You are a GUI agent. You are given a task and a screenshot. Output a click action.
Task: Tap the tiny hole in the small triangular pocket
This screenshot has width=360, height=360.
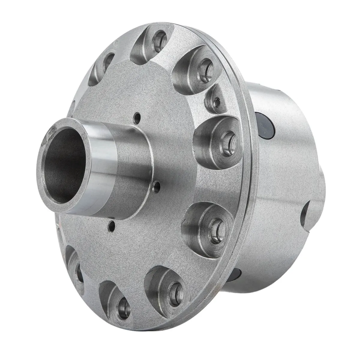(x=216, y=103)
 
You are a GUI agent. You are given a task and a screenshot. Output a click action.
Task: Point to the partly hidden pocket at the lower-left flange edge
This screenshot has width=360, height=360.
(x=76, y=270)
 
